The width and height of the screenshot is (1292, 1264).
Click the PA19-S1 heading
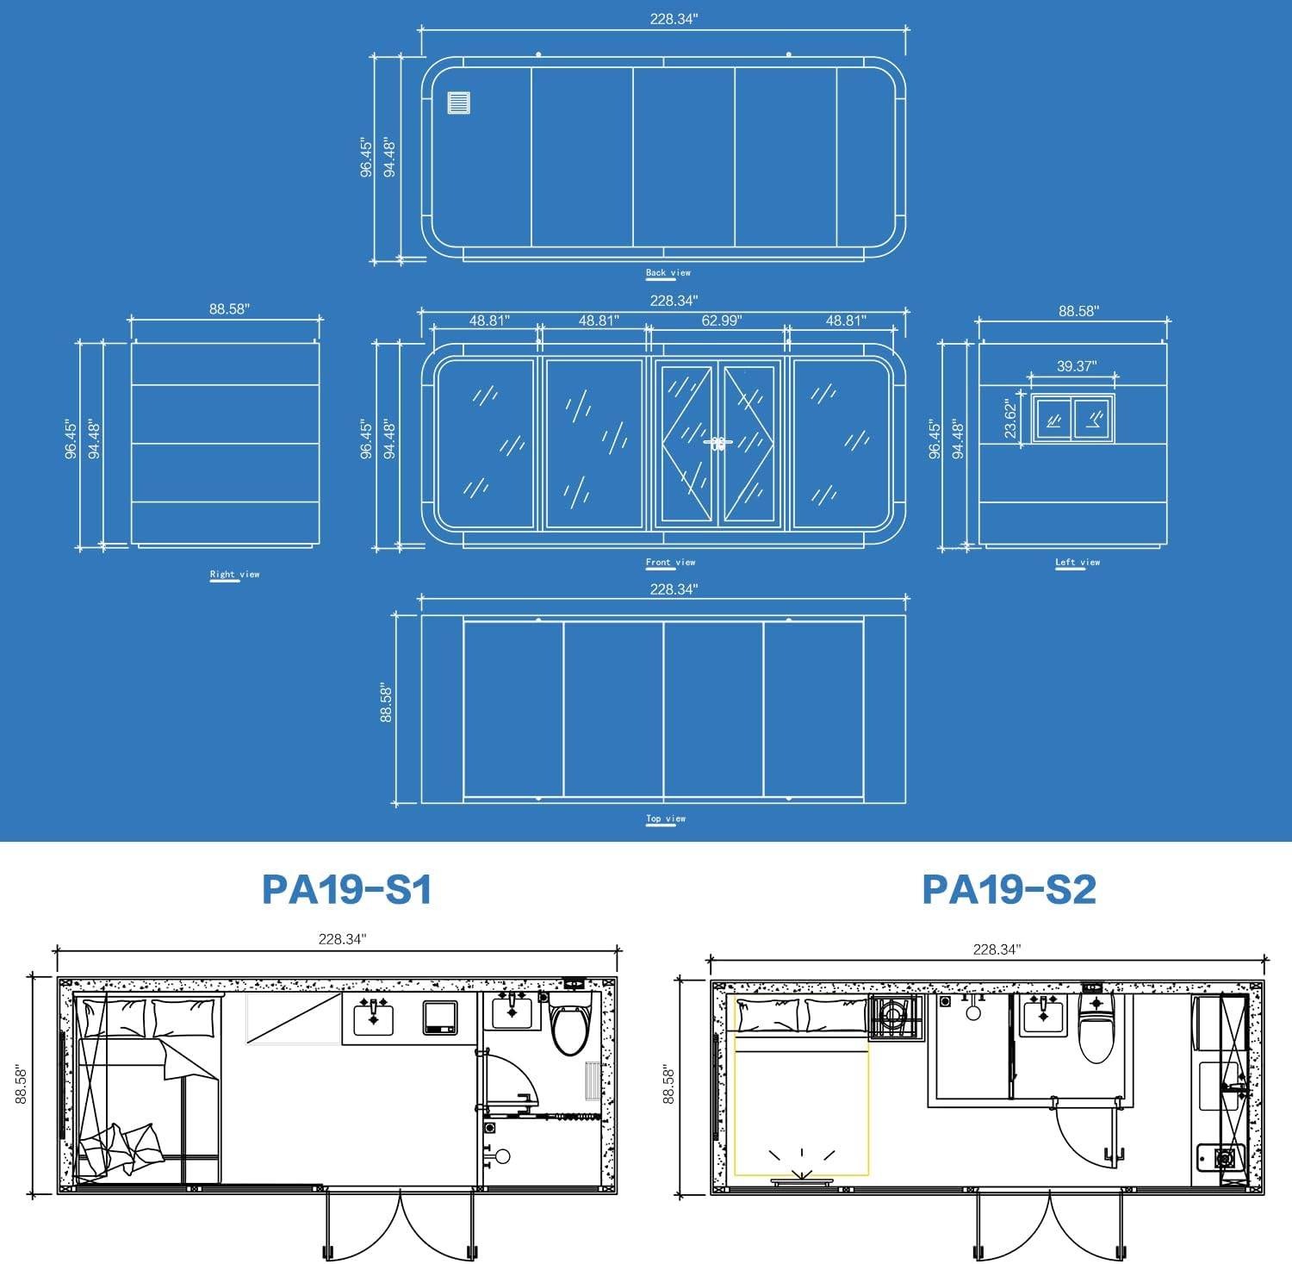coord(346,889)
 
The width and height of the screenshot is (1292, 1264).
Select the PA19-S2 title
coord(1009,889)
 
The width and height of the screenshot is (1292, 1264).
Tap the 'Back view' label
coord(668,273)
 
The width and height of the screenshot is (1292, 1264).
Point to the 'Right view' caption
coord(234,575)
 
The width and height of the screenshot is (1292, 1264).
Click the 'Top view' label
coord(666,819)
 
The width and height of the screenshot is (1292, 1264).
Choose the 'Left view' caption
coord(1078,563)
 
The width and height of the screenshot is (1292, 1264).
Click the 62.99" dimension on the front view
coord(721,321)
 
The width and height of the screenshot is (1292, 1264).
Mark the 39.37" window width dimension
coord(1077,366)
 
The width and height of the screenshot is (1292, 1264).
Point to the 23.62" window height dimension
coord(1011,418)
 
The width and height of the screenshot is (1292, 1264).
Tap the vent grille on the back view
coord(459,103)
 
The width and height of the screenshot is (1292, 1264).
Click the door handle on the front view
coord(717,443)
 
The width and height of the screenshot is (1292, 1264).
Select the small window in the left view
coord(1072,419)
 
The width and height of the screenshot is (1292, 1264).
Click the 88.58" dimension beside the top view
coord(387,704)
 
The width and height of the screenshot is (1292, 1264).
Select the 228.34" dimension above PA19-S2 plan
coord(997,950)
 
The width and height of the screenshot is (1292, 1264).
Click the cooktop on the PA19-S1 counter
coord(440,1018)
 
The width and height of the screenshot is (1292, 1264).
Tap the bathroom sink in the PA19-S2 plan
coord(1043,1015)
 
